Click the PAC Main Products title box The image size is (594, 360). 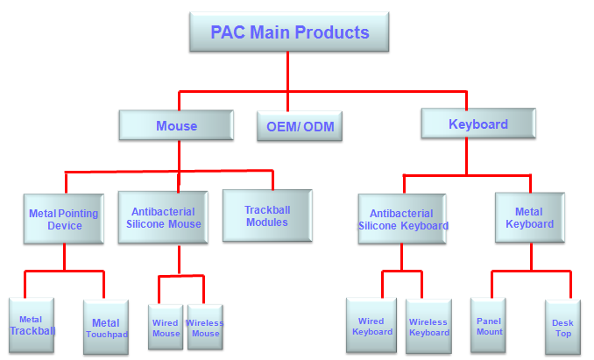[289, 33]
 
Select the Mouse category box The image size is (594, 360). [176, 125]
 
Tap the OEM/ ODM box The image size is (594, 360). [300, 127]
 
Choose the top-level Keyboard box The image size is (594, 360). [477, 124]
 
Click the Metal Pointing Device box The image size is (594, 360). [64, 219]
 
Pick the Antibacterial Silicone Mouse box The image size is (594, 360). [166, 218]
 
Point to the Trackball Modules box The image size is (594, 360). [267, 215]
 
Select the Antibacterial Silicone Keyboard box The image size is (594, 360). [402, 219]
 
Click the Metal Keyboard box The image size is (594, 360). [529, 217]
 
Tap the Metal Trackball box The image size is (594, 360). [31, 325]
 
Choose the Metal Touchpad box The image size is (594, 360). [106, 328]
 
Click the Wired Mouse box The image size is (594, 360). [166, 328]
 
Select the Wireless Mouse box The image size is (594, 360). [205, 328]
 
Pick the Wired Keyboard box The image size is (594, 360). [372, 327]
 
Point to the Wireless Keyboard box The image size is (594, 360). [428, 327]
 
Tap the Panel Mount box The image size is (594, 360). [489, 326]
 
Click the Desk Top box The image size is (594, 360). [562, 328]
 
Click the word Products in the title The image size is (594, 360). [330, 33]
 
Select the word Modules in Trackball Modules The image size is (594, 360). [267, 222]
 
